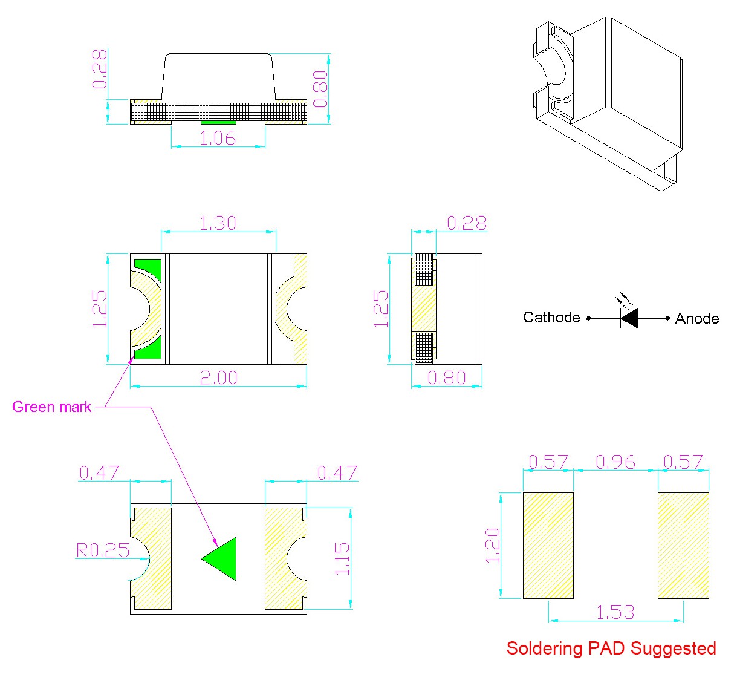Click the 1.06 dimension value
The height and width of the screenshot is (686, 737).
[x=218, y=138]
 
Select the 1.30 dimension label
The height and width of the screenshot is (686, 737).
[x=218, y=223]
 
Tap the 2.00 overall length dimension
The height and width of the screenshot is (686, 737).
[x=218, y=377]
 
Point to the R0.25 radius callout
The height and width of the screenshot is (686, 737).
[x=103, y=550]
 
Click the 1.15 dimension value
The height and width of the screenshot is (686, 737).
[x=342, y=558]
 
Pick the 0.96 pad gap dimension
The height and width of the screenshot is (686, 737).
[x=615, y=462]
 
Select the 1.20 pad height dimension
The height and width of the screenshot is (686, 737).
[x=493, y=546]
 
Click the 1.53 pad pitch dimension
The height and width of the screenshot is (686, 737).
[x=615, y=612]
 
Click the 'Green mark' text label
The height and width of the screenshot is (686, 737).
[x=52, y=407]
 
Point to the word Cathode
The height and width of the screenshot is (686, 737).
[x=551, y=318]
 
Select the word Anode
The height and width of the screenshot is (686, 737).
[x=697, y=319]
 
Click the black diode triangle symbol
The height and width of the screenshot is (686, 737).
[x=630, y=318]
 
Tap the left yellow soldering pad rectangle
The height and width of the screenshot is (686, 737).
[x=548, y=546]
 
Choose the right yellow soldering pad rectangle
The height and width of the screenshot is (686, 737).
[x=683, y=546]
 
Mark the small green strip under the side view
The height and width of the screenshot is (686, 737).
[x=218, y=123]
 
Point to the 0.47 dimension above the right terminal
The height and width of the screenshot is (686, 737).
[x=337, y=472]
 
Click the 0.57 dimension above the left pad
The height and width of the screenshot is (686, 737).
[x=548, y=462]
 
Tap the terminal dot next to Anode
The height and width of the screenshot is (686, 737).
[x=667, y=318]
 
